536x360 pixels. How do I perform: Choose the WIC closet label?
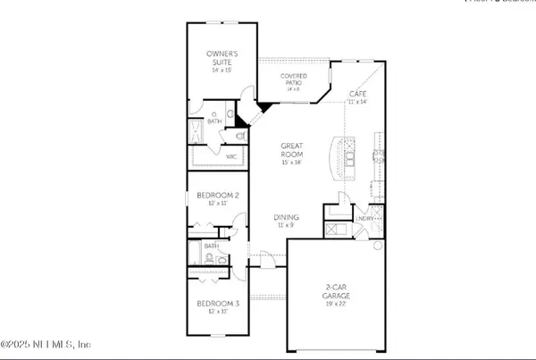pyautogui.click(x=230, y=157)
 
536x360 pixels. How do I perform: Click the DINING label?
pyautogui.click(x=286, y=217)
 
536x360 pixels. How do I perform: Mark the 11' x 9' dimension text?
pyautogui.click(x=286, y=227)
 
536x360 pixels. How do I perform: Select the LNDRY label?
pyautogui.click(x=364, y=217)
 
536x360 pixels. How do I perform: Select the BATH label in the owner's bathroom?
pyautogui.click(x=214, y=120)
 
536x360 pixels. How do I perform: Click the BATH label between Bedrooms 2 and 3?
pyautogui.click(x=211, y=246)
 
